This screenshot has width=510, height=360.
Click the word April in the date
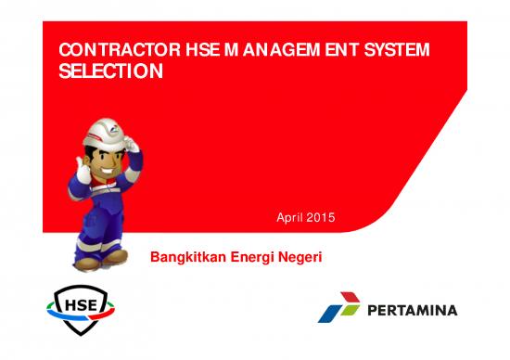pos(292,218)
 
